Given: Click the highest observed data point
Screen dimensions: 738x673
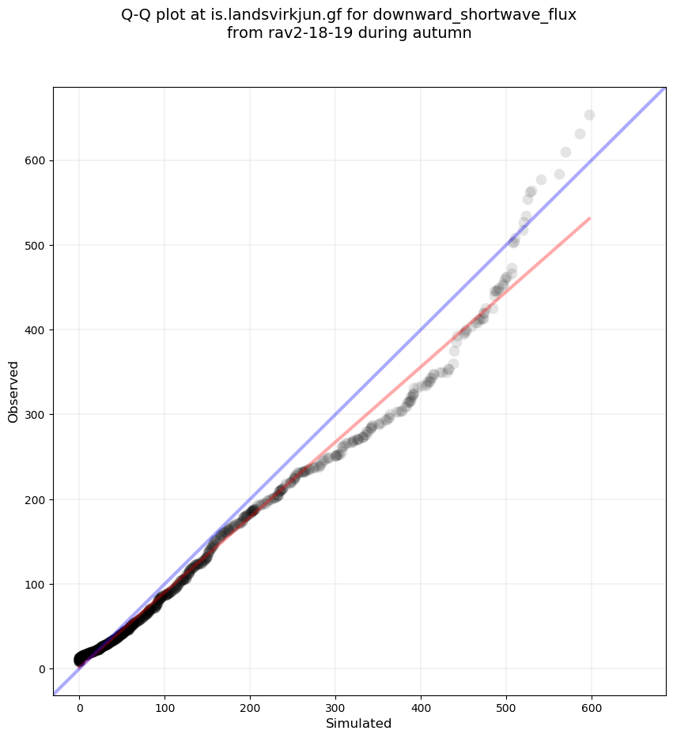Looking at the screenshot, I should tap(589, 115).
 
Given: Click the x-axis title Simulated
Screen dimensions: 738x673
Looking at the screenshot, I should tap(359, 723).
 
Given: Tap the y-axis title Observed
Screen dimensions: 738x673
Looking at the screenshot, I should tap(13, 391).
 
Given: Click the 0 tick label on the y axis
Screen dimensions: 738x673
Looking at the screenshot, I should tap(43, 668).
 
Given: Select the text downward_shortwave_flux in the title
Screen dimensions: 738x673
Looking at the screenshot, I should tap(461, 15).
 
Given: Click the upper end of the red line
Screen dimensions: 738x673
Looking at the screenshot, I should tap(589, 217).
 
